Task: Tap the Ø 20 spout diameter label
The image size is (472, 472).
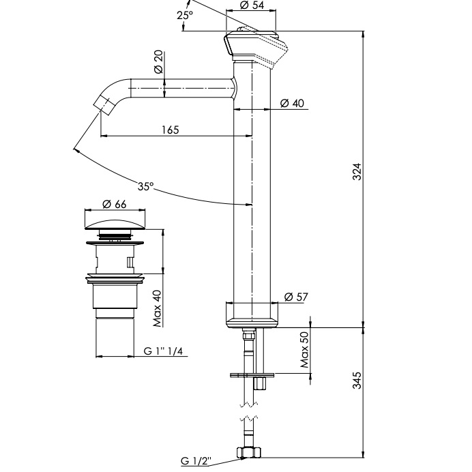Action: point(158,63)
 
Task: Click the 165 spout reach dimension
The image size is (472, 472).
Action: point(171,130)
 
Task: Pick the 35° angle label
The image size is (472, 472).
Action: point(145,186)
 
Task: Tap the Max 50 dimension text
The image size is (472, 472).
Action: point(305,349)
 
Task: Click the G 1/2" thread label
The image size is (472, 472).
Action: point(196,462)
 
